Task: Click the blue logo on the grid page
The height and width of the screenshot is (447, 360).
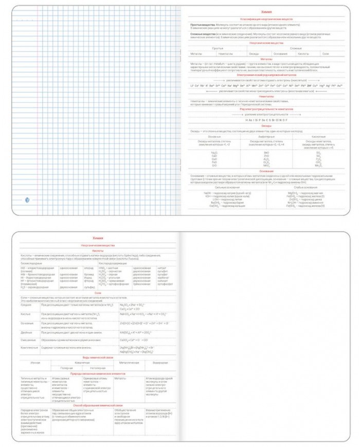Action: pos(28,199)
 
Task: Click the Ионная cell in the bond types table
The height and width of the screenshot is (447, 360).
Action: pos(33,363)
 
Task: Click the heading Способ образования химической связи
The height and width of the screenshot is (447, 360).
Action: pos(98,406)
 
